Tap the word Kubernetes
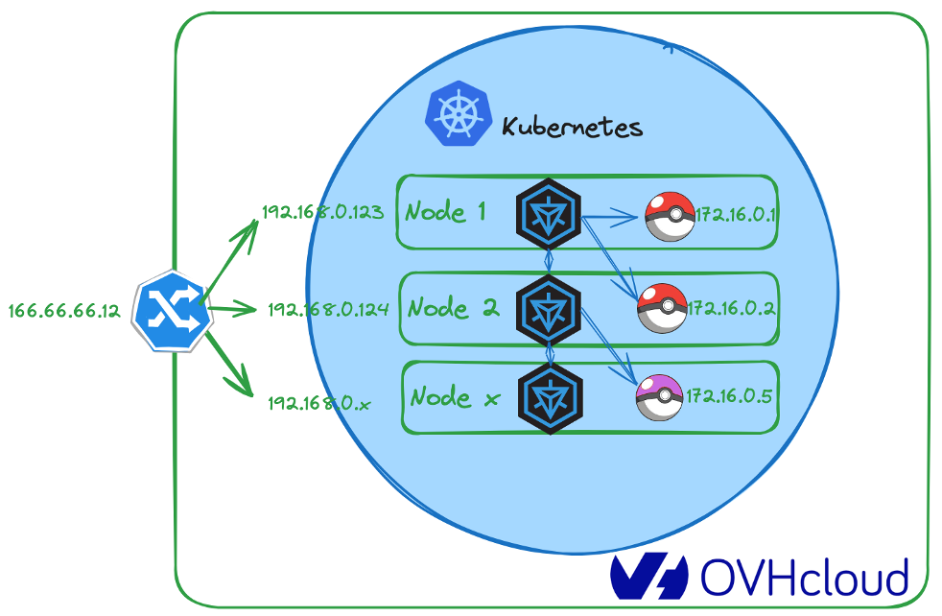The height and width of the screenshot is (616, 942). coord(572,126)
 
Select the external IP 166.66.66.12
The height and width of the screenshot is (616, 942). coord(63,311)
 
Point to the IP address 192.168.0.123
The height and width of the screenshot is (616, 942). coord(322,212)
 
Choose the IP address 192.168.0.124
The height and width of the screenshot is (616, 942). coord(327,309)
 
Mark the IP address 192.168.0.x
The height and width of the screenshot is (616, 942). coord(319,403)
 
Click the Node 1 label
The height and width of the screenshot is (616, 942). coord(445,211)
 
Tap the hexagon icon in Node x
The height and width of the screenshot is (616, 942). coord(549,397)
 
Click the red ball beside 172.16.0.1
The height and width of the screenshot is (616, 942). coord(669,216)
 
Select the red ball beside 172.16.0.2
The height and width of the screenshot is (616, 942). coord(662,308)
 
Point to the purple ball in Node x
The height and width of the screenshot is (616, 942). coord(660,398)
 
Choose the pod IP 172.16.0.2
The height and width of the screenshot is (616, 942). coord(730,309)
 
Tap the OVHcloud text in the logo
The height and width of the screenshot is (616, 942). coord(804,578)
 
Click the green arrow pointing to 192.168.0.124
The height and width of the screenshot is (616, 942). coord(233,309)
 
